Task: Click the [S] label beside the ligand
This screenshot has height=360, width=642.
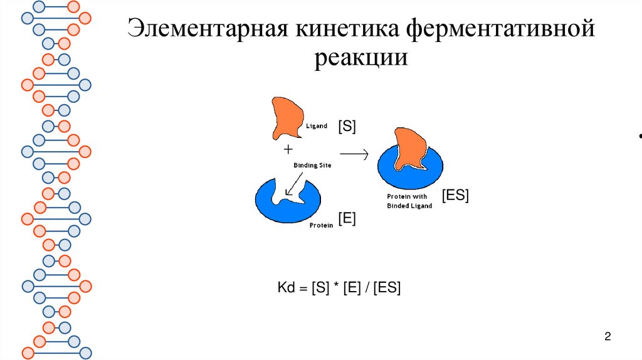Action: click(347, 126)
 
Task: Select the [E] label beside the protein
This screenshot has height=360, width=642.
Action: click(347, 219)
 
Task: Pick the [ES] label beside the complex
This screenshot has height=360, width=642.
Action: click(455, 195)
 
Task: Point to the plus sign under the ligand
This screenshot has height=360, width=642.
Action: click(288, 150)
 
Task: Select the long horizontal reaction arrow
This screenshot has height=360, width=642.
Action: click(354, 152)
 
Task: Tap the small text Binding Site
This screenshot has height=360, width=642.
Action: click(312, 165)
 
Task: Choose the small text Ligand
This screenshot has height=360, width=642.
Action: click(317, 126)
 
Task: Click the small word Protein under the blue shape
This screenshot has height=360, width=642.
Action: click(321, 225)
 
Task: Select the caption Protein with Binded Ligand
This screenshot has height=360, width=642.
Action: click(409, 201)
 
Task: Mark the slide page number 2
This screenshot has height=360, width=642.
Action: click(608, 337)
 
